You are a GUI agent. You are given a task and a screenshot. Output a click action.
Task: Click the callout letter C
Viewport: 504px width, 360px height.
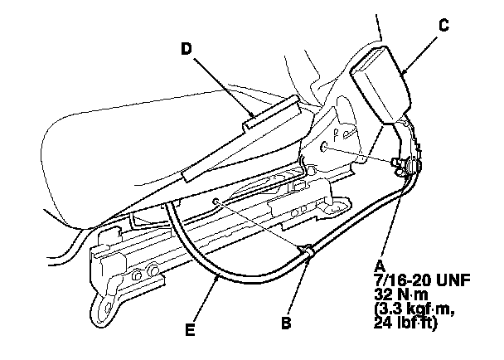tap(443, 26)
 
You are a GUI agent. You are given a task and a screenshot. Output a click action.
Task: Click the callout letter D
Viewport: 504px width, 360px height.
tap(187, 49)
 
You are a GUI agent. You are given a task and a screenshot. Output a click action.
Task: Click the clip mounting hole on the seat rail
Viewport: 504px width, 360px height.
tap(215, 202)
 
